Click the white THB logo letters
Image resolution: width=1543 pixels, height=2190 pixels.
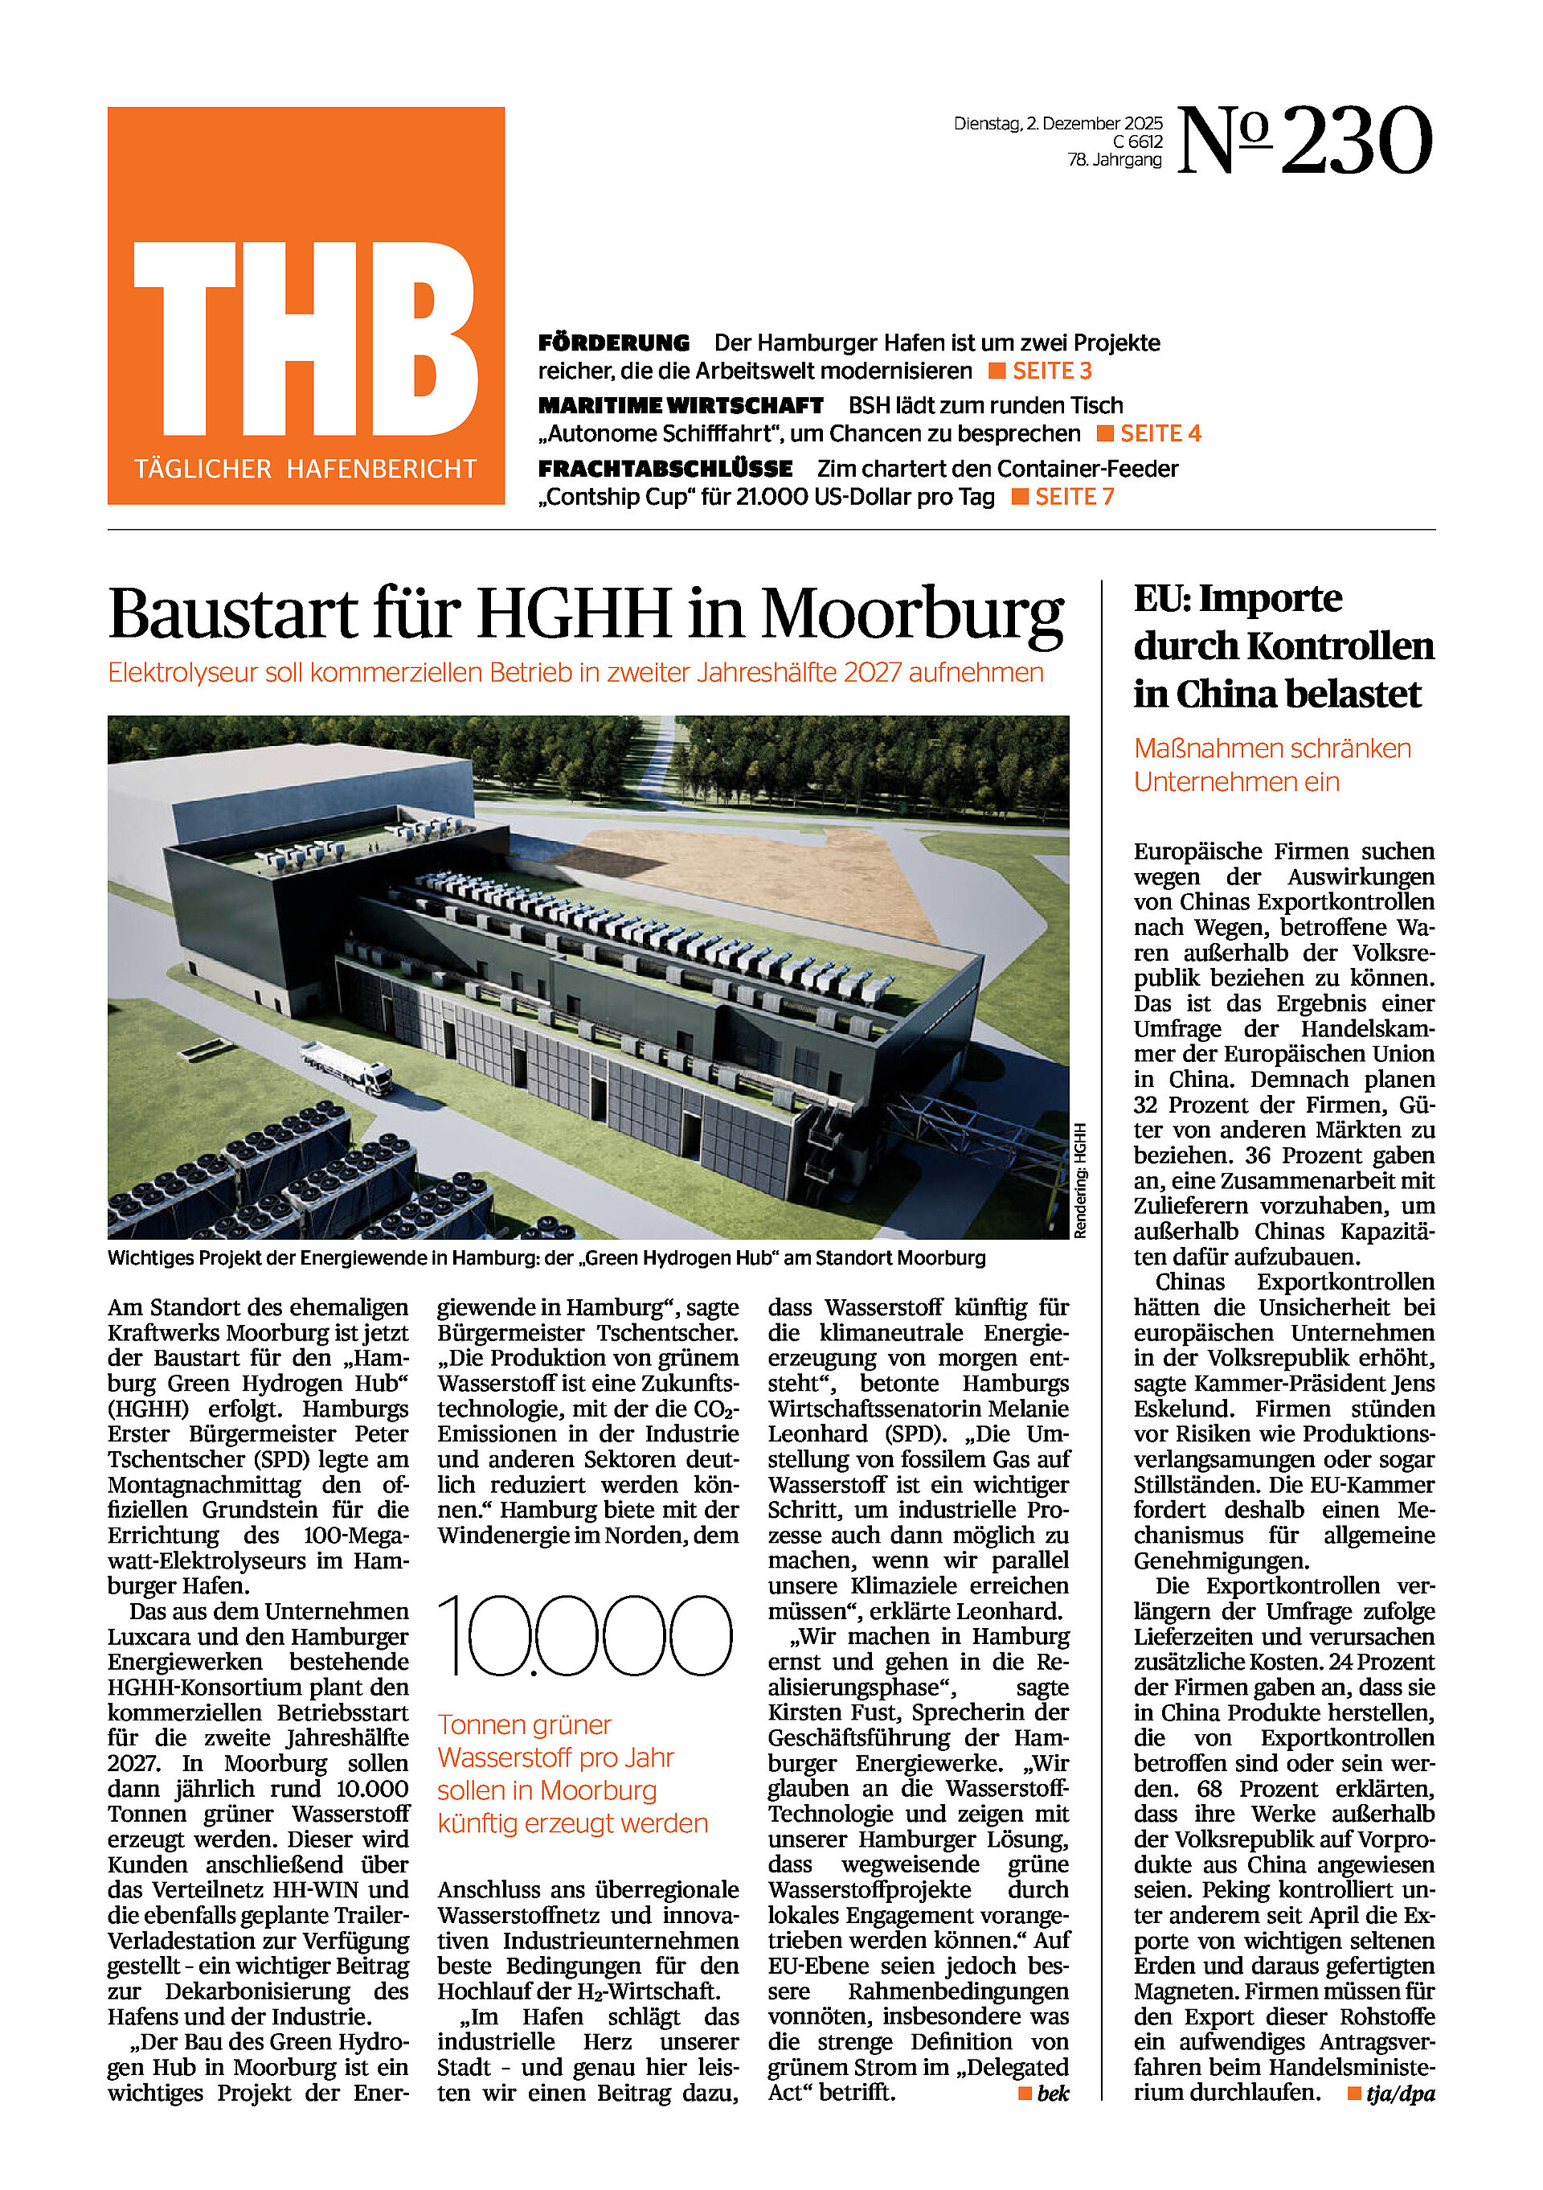tap(305, 338)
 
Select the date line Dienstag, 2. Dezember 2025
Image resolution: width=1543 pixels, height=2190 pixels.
tap(1058, 124)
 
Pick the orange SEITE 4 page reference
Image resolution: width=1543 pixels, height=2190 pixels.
tap(1160, 434)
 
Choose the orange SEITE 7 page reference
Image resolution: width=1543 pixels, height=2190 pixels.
tap(1074, 497)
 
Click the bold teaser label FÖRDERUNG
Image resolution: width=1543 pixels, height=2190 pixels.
tap(613, 343)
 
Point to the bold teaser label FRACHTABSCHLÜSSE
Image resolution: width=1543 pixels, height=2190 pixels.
tap(665, 470)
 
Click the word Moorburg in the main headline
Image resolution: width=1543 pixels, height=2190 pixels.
tap(911, 613)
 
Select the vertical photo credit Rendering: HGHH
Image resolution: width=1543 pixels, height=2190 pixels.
tap(1079, 1181)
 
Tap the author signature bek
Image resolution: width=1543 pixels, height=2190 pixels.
tap(1053, 2094)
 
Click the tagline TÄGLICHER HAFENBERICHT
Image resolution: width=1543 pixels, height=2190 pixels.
tap(305, 470)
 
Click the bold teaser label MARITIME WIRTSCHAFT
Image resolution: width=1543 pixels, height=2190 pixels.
tap(680, 406)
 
